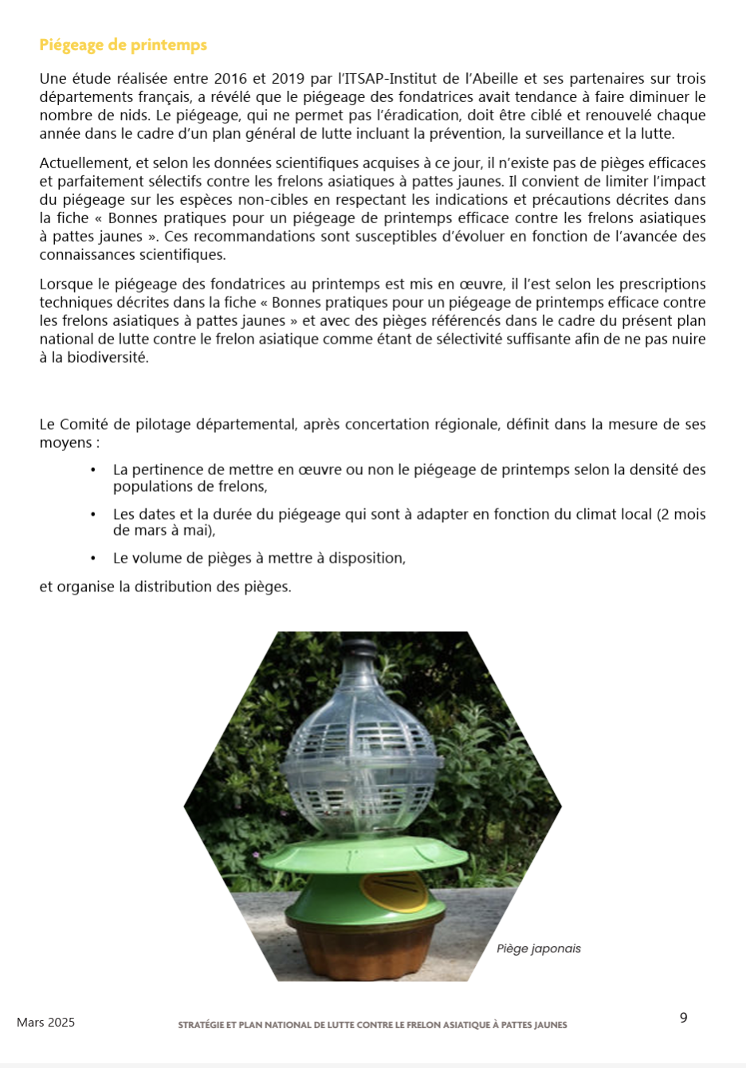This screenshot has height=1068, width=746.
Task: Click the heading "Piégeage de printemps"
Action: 123,45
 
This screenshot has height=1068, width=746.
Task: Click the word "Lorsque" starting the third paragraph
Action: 66,285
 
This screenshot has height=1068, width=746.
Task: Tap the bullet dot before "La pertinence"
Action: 93,470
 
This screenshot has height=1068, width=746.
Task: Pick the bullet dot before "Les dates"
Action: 93,515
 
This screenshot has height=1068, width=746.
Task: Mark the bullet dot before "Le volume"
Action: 93,559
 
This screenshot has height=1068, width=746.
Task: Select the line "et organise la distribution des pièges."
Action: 165,587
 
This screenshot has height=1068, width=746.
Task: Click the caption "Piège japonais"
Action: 538,948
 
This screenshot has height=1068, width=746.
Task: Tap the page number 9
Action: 683,1018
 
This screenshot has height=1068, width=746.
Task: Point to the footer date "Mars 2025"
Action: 45,1023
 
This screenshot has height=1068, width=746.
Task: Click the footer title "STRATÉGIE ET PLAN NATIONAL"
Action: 372,1025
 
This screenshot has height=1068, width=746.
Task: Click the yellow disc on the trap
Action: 394,891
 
